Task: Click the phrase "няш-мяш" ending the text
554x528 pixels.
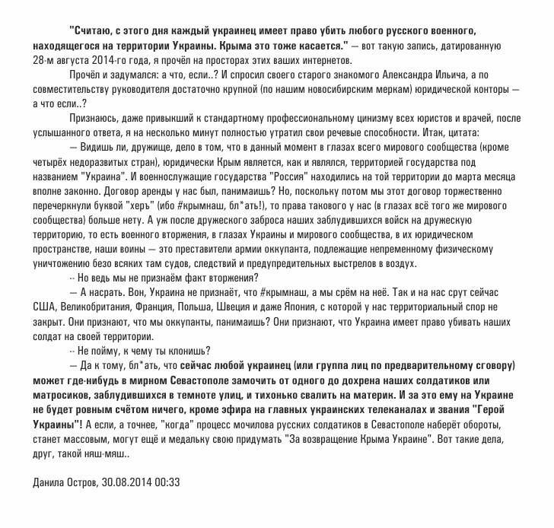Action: (112, 454)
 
